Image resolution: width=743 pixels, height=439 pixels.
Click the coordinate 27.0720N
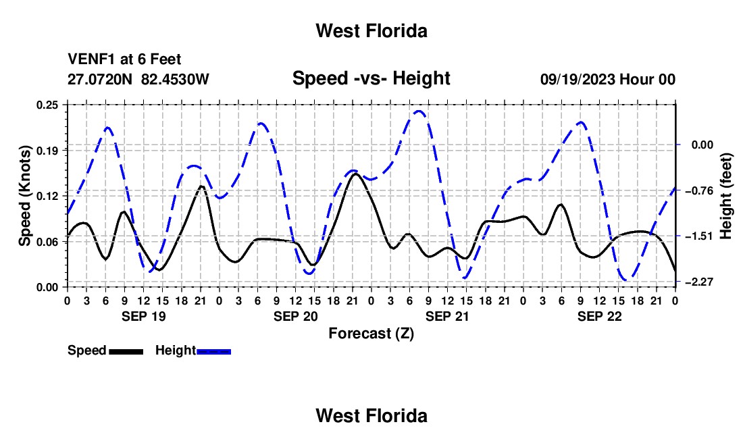coord(100,79)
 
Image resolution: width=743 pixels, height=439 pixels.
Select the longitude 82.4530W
coord(175,79)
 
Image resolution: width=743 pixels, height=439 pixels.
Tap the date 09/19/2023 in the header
coord(578,79)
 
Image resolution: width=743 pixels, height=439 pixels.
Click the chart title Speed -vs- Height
coord(371,78)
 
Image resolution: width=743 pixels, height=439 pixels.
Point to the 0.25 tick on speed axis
coord(47,105)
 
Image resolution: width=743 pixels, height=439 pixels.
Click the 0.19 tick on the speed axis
coord(47,151)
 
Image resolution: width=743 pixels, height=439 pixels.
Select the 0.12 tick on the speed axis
coord(47,196)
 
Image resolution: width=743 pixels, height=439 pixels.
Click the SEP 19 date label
coord(144,316)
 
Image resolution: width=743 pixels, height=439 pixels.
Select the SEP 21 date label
coord(447,316)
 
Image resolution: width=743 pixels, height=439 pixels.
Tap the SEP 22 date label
coord(599,316)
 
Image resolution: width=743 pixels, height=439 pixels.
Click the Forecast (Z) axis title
coord(371,334)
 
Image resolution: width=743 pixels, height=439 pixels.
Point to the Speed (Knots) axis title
coord(24,196)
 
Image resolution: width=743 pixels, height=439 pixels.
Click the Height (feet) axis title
coord(725,196)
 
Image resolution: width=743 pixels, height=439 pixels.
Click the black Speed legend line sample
coord(126,351)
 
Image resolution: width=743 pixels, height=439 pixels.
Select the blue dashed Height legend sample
coord(213,351)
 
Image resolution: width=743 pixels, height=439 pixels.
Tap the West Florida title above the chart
coord(371,31)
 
